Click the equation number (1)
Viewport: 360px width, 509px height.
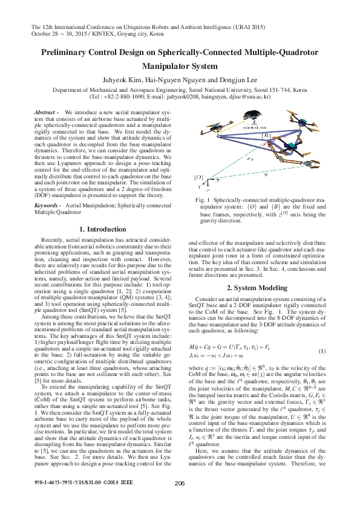point(322,351)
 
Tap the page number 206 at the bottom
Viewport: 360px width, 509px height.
point(180,499)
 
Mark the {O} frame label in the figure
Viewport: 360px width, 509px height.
point(197,177)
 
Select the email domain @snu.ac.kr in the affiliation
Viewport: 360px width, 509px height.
point(255,96)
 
